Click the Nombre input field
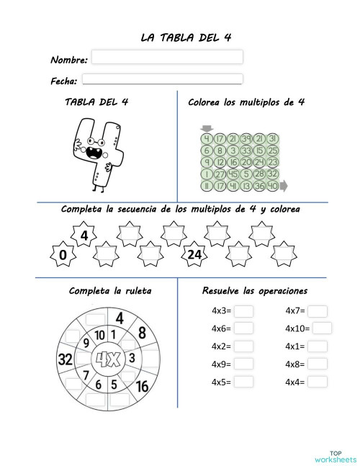point(167,57)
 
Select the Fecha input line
point(163,79)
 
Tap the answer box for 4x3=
point(244,311)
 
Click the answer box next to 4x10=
point(322,328)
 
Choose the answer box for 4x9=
point(244,364)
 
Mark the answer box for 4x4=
point(318,382)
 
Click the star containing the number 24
point(194,254)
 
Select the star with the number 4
point(84,236)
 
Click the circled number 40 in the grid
point(272,186)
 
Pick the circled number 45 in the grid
point(233,174)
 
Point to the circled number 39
point(246,139)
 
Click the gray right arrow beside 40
point(283,186)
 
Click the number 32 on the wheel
point(66,359)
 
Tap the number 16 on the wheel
point(142,386)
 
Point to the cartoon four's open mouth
point(93,153)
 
